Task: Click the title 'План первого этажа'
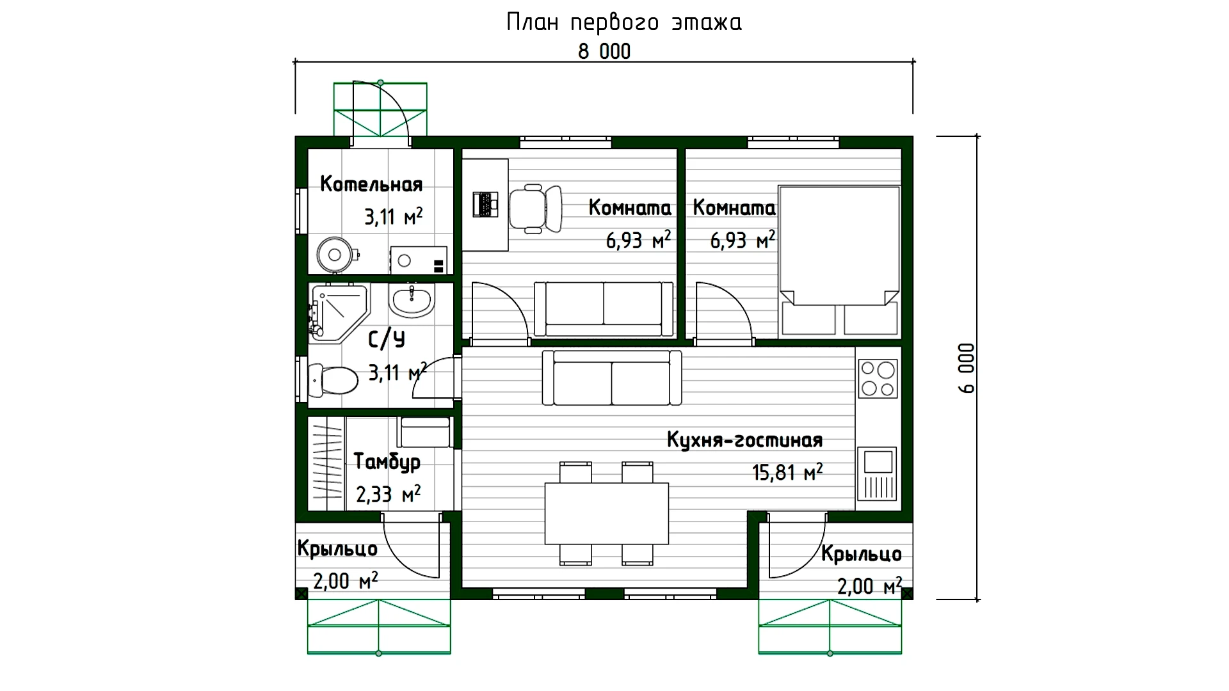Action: [x=624, y=22]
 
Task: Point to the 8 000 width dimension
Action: [x=604, y=51]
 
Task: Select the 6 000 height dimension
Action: [x=967, y=368]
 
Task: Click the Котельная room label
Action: [x=371, y=184]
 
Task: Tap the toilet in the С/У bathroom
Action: [x=333, y=380]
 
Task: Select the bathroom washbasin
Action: [x=412, y=300]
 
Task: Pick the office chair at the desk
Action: [x=536, y=209]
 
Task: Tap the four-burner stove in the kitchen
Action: [x=878, y=379]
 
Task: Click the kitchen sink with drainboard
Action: [x=878, y=473]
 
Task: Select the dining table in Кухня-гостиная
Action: [x=606, y=513]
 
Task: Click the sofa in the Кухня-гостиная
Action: [x=612, y=378]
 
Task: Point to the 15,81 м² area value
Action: [x=787, y=473]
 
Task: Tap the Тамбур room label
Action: [x=387, y=461]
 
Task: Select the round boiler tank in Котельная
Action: [x=335, y=255]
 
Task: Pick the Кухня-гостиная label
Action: [x=744, y=440]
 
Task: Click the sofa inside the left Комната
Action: [x=604, y=309]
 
